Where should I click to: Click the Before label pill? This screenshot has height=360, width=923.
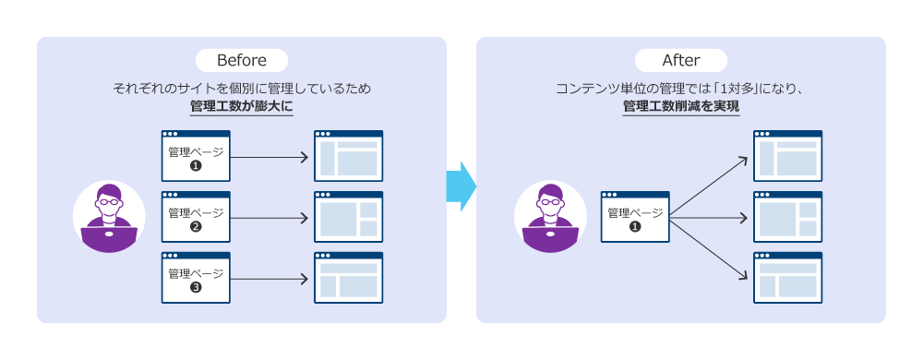click(x=241, y=61)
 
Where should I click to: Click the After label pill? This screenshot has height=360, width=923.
click(x=681, y=61)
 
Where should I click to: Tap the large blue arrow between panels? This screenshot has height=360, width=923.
click(x=461, y=186)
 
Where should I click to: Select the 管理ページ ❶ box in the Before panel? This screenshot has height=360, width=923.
click(x=196, y=156)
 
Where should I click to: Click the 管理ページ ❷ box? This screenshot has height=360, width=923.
click(x=196, y=217)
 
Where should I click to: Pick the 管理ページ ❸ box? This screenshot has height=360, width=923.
click(x=196, y=278)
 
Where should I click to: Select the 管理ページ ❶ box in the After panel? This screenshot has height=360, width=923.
click(x=635, y=217)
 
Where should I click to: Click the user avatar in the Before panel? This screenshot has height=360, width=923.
click(x=109, y=217)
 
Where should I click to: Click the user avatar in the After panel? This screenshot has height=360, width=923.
click(x=550, y=217)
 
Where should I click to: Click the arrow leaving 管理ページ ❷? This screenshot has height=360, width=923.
click(x=269, y=218)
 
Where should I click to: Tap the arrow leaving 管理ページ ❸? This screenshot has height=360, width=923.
click(x=269, y=279)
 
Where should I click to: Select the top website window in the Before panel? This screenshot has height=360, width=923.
click(x=349, y=156)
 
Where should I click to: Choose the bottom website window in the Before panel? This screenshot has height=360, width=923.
click(x=349, y=278)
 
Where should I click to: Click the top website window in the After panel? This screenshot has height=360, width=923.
click(x=788, y=156)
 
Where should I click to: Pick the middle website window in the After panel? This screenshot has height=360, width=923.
click(x=788, y=217)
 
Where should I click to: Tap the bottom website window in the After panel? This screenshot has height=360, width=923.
click(x=788, y=278)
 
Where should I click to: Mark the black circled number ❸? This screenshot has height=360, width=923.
click(x=196, y=288)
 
